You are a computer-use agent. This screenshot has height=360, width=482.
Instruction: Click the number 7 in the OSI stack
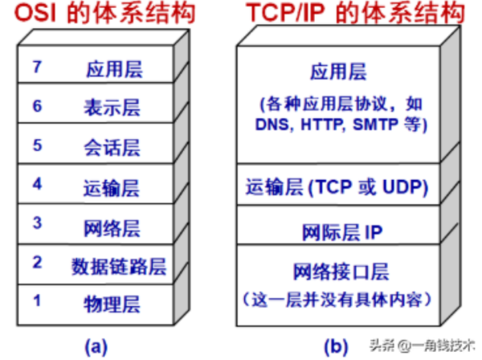[x=37, y=67]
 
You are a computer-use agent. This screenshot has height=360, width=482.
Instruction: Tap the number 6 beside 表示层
[x=37, y=106]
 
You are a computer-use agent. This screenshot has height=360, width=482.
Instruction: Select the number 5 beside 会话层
[x=37, y=145]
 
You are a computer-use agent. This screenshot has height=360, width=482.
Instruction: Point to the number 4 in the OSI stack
[x=37, y=184]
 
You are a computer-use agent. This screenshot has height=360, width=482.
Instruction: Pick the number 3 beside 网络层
[x=37, y=223]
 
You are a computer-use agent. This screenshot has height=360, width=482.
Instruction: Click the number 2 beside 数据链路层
[x=37, y=262]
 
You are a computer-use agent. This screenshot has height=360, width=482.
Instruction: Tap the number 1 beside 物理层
[x=37, y=301]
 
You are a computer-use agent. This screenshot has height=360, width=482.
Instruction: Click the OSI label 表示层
[x=112, y=108]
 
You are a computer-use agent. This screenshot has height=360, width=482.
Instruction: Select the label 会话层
[x=112, y=148]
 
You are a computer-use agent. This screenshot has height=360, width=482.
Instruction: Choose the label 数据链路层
[x=119, y=266]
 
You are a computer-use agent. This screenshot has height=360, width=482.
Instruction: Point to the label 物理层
[x=112, y=305]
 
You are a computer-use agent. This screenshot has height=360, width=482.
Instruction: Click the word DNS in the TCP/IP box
[x=272, y=125]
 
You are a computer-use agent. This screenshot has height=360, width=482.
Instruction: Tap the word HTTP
[x=321, y=125]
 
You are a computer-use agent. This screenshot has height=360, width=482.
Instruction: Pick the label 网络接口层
[x=341, y=272]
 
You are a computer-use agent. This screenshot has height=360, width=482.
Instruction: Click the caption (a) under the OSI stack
[x=96, y=347]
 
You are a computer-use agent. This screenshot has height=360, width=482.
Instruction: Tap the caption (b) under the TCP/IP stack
[x=336, y=347]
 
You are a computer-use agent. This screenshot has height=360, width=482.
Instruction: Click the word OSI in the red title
[x=35, y=13]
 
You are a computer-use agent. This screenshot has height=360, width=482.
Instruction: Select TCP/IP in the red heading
[x=285, y=13]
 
